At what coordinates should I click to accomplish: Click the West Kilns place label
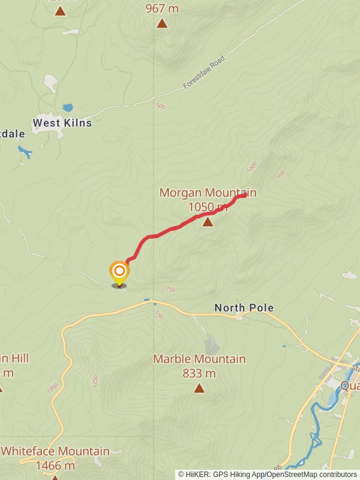pyautogui.click(x=62, y=123)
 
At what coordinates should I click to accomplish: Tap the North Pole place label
pyautogui.click(x=244, y=308)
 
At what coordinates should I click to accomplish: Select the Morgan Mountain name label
pyautogui.click(x=208, y=193)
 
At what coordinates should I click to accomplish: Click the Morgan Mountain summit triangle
pyautogui.click(x=208, y=223)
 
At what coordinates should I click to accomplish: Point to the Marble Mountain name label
pyautogui.click(x=199, y=359)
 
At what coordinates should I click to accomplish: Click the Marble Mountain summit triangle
pyautogui.click(x=199, y=388)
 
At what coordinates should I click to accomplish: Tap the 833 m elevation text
pyautogui.click(x=199, y=373)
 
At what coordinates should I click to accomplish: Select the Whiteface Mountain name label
pyautogui.click(x=55, y=451)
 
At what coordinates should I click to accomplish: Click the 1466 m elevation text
pyautogui.click(x=55, y=466)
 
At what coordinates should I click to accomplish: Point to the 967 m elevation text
pyautogui.click(x=162, y=9)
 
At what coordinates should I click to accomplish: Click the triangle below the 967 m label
pyautogui.click(x=162, y=24)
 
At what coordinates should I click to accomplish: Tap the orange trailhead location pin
pyautogui.click(x=119, y=272)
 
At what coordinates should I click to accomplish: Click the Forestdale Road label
pyautogui.click(x=203, y=73)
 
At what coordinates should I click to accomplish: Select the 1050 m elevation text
pyautogui.click(x=208, y=207)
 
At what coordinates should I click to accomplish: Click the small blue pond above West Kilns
pyautogui.click(x=68, y=108)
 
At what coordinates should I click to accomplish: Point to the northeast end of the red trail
pyautogui.click(x=244, y=196)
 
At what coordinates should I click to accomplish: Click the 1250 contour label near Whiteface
pyautogui.click(x=94, y=380)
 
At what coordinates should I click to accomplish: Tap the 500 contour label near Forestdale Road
pyautogui.click(x=160, y=107)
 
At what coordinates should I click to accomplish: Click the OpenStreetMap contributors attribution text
pyautogui.click(x=311, y=474)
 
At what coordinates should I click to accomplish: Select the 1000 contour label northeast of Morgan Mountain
pyautogui.click(x=251, y=166)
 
